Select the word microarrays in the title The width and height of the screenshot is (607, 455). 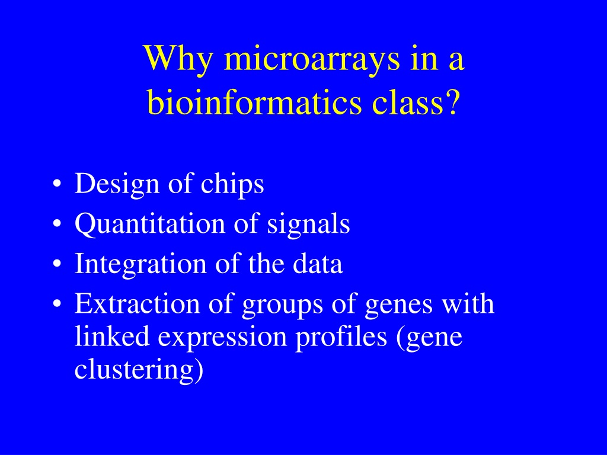click(312, 59)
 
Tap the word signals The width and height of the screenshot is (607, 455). click(308, 225)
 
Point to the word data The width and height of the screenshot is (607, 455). click(318, 263)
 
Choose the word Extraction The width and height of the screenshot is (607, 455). click(137, 303)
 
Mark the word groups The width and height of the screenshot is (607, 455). click(282, 305)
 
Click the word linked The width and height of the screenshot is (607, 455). click(112, 336)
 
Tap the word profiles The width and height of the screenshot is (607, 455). click(341, 337)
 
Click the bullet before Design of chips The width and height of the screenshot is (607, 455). click(57, 185)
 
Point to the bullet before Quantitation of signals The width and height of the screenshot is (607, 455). click(57, 225)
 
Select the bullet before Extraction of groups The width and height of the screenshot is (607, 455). click(57, 305)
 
